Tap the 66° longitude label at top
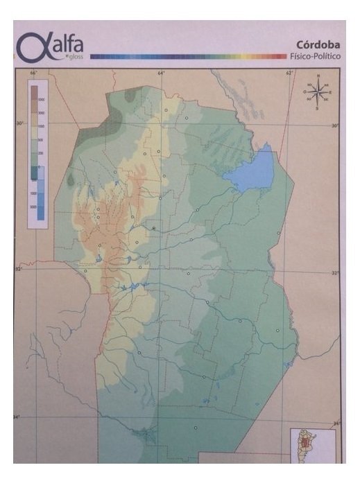click(33, 72)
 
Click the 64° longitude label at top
click(161, 72)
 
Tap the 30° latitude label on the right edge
click(335, 125)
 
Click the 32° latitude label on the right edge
click(336, 272)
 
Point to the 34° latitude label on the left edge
click(17, 417)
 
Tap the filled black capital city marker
click(153, 227)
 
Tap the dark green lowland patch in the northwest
click(90, 135)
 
